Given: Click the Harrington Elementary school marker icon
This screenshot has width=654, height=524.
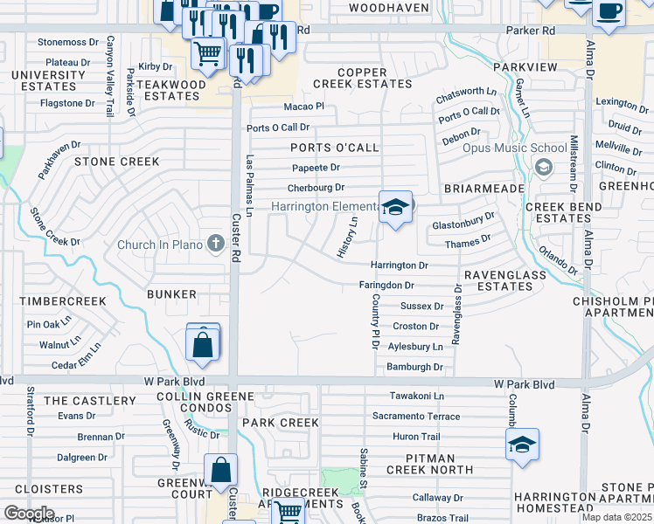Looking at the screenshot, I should click(x=395, y=208).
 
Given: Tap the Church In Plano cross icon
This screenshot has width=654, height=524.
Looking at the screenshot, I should click(x=216, y=244).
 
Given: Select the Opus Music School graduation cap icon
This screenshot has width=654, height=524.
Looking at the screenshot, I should click(x=542, y=167).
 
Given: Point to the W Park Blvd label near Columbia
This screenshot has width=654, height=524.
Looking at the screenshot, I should click(x=524, y=384).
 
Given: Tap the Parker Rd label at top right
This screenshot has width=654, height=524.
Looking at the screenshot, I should click(x=531, y=30).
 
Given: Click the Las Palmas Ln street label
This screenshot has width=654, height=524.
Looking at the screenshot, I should click(x=249, y=187).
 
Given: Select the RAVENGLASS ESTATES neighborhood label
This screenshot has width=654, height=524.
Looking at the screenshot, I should click(x=504, y=280).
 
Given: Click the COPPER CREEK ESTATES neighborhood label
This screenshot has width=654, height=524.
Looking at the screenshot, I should click(x=363, y=77).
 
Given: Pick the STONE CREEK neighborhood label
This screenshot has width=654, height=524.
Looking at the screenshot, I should click(x=116, y=162).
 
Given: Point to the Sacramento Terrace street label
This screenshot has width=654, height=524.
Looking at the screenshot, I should click(x=416, y=417).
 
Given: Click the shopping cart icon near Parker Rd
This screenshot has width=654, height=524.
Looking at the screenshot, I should click(x=208, y=54).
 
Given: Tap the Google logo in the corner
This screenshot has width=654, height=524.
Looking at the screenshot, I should click(x=29, y=513).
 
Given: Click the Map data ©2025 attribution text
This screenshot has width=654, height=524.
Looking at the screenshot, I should click(x=616, y=517).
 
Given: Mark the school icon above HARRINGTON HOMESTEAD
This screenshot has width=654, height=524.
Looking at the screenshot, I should click(x=522, y=445).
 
